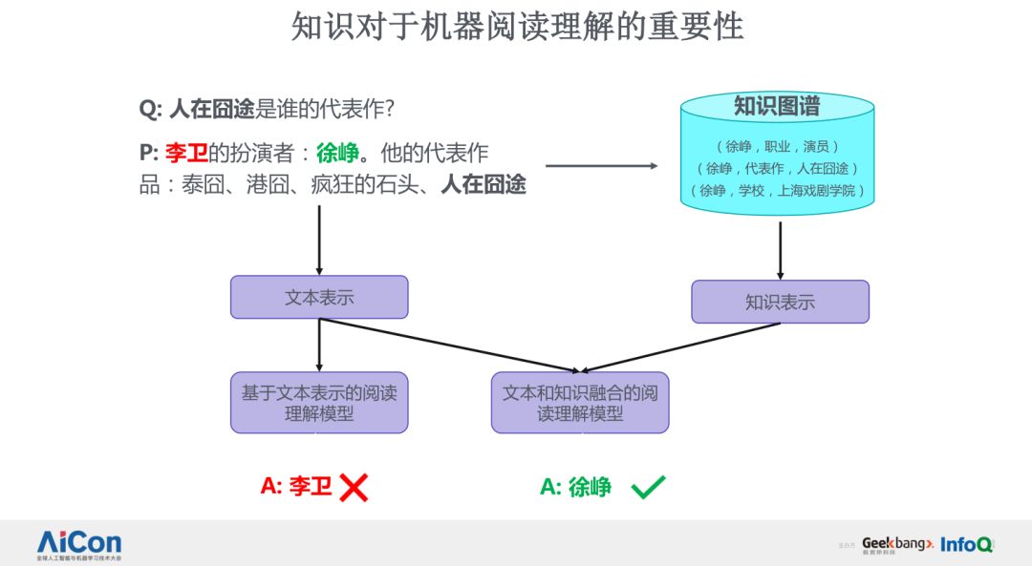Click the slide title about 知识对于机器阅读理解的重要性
[x=517, y=28]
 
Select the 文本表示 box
[x=319, y=297]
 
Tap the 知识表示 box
[x=780, y=302]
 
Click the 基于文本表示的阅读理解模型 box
[x=319, y=402]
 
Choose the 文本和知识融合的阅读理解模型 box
[x=580, y=402]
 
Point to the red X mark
[x=354, y=487]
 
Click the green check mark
[x=648, y=487]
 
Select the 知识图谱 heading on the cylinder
[x=776, y=106]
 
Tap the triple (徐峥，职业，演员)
[x=777, y=146]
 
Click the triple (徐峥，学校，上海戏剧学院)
[x=777, y=190]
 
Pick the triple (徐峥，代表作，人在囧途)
[x=777, y=168]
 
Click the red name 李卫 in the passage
[x=186, y=153]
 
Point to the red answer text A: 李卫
[x=296, y=487]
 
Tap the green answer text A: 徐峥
[x=575, y=487]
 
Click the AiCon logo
[x=79, y=542]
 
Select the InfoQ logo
[x=966, y=544]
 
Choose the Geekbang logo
[x=896, y=543]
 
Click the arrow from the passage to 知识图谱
[x=602, y=166]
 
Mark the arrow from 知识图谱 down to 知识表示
[x=780, y=250]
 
